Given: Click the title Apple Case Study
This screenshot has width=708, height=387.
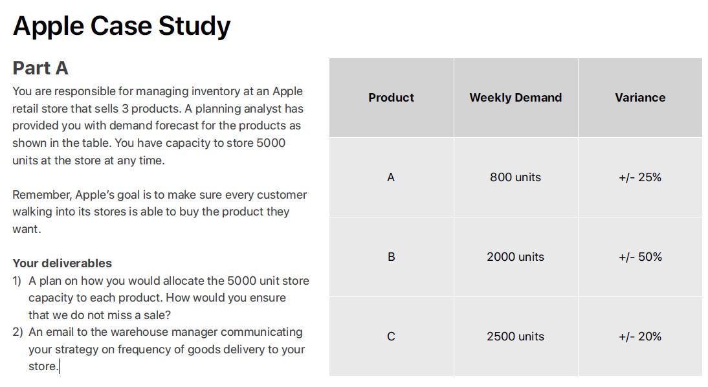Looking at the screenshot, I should [x=121, y=26].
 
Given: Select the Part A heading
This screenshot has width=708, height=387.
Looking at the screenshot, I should [x=40, y=68].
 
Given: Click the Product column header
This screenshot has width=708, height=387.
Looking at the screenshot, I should [x=391, y=98].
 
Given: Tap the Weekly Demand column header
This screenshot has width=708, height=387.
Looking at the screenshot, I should [x=515, y=98].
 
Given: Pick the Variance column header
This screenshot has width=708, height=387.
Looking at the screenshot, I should [x=640, y=98].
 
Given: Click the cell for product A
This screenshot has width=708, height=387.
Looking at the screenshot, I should [x=391, y=177].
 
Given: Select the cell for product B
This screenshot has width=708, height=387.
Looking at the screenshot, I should [x=391, y=257].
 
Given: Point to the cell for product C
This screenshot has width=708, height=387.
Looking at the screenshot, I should [x=391, y=337].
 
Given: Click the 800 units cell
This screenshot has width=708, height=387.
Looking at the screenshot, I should [x=515, y=177].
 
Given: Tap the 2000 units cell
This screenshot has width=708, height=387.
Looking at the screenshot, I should [x=515, y=257].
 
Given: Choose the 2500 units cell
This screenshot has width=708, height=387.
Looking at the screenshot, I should [x=515, y=337].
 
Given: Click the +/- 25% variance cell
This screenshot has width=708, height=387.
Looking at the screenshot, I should [x=640, y=177].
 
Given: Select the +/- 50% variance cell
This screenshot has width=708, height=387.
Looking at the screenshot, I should [x=640, y=257].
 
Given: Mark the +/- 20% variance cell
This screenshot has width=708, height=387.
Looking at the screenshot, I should [x=640, y=337].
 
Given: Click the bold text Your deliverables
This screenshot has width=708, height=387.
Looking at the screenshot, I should [x=62, y=263].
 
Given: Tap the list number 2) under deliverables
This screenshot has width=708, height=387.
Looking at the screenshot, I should [x=17, y=332].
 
